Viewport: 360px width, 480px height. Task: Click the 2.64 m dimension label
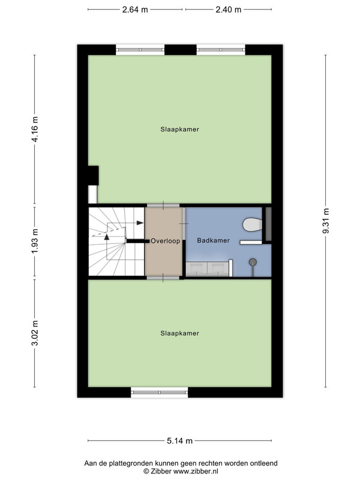135,10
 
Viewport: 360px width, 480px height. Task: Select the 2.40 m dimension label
229,10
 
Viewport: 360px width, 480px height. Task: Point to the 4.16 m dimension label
35,129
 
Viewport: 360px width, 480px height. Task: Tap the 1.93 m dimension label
35,241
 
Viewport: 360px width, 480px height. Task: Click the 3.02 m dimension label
35,333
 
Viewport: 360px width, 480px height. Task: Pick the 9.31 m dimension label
326,221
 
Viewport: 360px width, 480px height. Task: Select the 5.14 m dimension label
179,441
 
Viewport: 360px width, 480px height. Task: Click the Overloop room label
166,241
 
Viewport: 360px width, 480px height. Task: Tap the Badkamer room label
214,241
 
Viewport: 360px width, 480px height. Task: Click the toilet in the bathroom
253,224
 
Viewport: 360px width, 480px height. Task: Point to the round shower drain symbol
253,262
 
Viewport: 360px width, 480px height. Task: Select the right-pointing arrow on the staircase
140,223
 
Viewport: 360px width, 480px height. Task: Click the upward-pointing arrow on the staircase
107,236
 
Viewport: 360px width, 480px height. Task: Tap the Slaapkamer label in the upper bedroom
179,130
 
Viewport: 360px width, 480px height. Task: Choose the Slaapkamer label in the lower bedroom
179,334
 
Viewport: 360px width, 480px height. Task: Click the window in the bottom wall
160,392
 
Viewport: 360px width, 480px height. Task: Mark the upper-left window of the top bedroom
140,50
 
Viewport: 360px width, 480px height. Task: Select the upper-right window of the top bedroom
221,50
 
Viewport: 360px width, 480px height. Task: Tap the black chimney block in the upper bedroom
94,175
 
